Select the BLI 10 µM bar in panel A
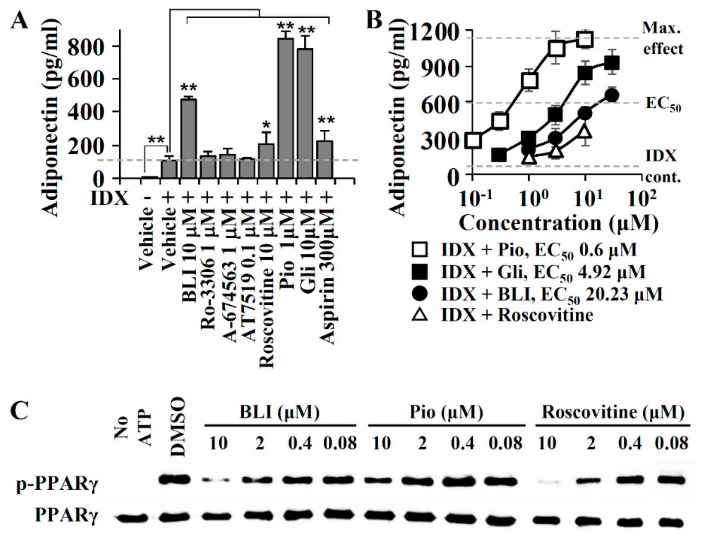189,138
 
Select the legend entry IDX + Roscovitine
517,315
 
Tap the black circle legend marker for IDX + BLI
419,293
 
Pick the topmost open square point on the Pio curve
585,39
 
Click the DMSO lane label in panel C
178,427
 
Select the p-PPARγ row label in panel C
57,485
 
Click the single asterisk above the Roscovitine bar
266,124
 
